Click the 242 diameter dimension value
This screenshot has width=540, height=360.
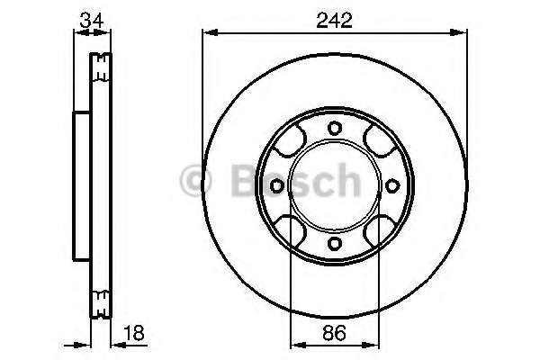(335, 21)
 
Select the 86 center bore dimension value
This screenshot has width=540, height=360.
(334, 333)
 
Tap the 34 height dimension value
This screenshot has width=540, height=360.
(92, 21)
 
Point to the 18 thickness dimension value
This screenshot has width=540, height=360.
(135, 333)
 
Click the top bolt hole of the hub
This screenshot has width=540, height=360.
(335, 128)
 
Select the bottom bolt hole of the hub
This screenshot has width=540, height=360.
(335, 244)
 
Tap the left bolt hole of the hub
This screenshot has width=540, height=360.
(276, 186)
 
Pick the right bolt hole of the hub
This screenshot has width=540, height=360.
(392, 186)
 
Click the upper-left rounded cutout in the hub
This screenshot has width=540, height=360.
(290, 141)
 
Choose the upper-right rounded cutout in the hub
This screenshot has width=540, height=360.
(380, 141)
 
